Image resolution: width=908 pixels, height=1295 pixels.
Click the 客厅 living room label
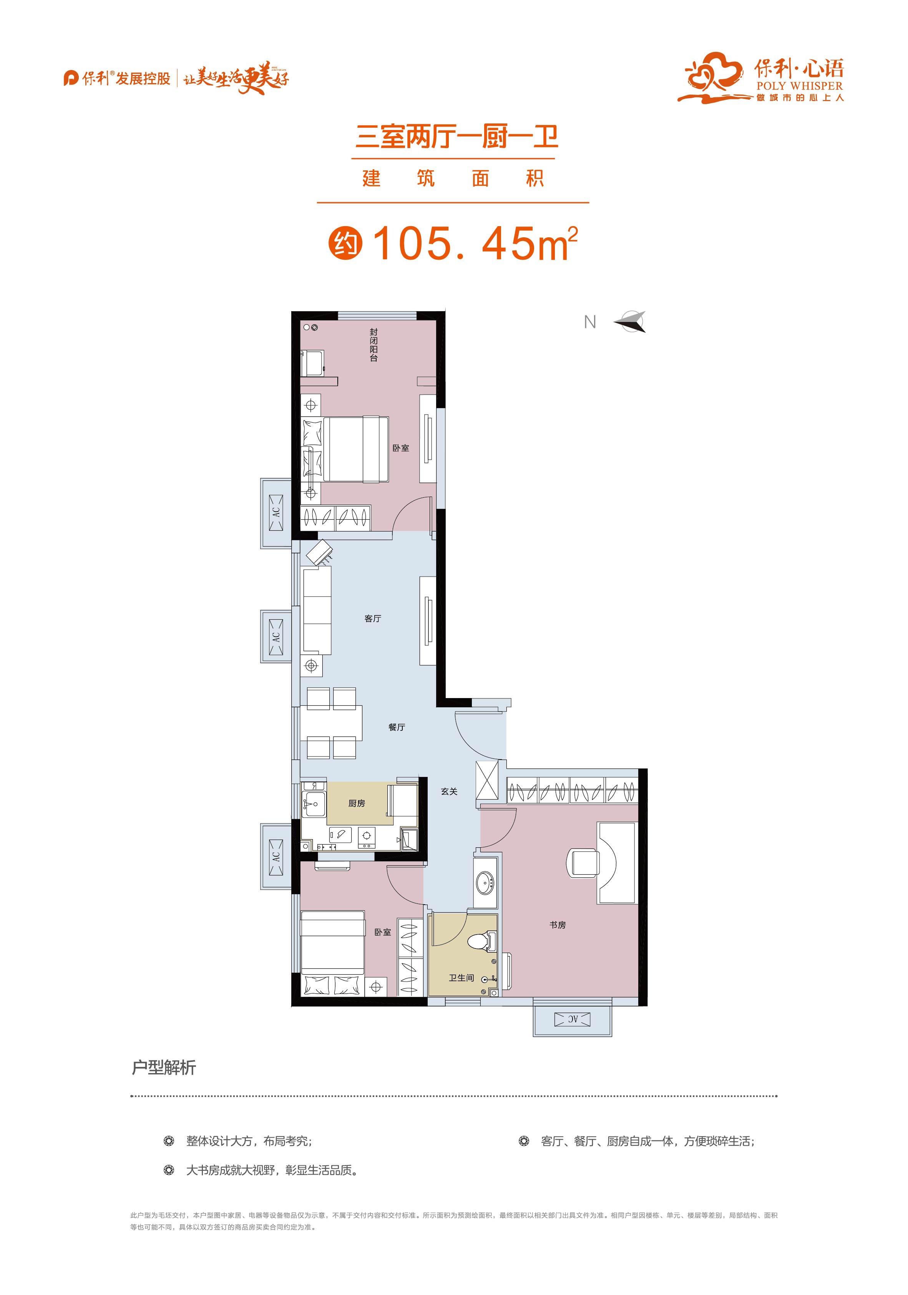(x=373, y=619)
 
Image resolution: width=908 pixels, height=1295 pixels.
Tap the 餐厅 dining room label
(x=396, y=728)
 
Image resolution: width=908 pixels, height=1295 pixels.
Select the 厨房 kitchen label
(x=356, y=803)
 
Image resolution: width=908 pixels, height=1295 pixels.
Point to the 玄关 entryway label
(x=449, y=791)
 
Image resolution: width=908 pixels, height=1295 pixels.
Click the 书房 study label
(x=558, y=925)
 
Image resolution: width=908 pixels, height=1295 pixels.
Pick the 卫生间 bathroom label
(x=461, y=977)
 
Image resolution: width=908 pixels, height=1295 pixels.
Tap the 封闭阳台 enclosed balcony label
(x=373, y=345)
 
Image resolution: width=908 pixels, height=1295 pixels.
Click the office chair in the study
(x=583, y=863)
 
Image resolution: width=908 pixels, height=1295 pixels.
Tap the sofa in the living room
(x=317, y=610)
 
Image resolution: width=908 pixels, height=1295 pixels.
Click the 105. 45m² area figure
(x=475, y=244)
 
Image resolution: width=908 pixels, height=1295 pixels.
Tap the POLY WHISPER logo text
(x=799, y=86)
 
